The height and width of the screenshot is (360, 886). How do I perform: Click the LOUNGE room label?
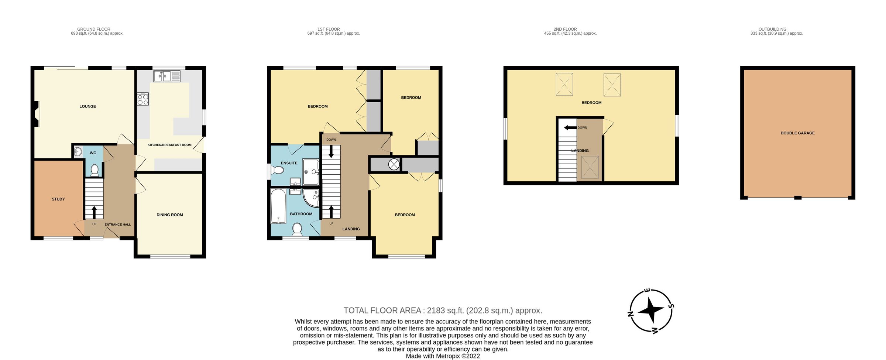coord(87,106)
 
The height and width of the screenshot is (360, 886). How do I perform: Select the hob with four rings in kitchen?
coord(143,99)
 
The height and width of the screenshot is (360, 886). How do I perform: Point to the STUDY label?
coord(58,199)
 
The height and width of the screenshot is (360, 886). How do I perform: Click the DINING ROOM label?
coord(169,215)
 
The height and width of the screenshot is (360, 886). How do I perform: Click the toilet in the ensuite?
coord(277,170)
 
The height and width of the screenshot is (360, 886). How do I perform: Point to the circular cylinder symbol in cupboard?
coord(394,164)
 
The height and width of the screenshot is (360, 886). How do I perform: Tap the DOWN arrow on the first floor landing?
coord(331,152)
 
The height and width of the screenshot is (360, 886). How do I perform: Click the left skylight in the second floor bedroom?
coord(564,85)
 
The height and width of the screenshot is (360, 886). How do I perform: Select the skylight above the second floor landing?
coord(590,167)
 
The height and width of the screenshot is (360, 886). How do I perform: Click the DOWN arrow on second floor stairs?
coord(570,128)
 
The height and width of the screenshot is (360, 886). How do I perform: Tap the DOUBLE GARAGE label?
coord(797,133)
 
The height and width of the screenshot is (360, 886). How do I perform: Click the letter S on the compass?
coord(672,306)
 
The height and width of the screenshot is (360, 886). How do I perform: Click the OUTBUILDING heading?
coord(777,29)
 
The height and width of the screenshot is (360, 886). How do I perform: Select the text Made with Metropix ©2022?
coord(443,356)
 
